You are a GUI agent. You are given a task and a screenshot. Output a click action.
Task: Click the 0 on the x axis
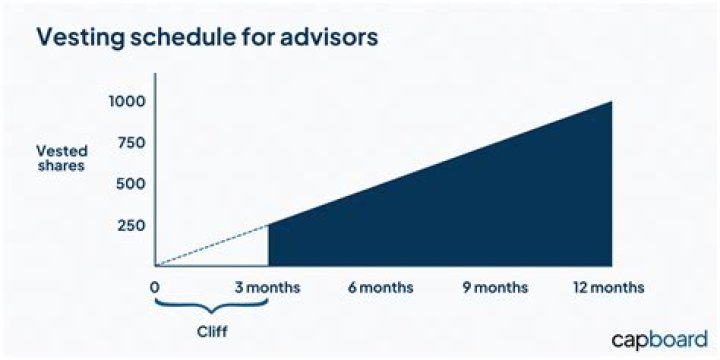[x=155, y=287]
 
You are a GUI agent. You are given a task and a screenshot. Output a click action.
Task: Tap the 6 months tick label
[x=381, y=287]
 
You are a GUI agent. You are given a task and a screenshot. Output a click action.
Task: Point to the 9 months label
[x=495, y=287]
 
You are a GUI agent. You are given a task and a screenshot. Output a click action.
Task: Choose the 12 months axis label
[x=608, y=287]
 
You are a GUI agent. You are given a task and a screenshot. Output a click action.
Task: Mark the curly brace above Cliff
[x=211, y=305]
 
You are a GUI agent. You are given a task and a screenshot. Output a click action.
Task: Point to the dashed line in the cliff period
[x=212, y=245]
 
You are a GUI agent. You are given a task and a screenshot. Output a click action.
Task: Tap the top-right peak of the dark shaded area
[x=608, y=103]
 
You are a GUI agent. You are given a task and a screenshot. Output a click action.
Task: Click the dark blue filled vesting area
[x=480, y=210]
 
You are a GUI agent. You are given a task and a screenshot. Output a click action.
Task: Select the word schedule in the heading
[x=177, y=37]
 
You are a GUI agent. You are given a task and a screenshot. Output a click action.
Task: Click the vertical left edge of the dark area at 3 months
[x=269, y=245]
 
